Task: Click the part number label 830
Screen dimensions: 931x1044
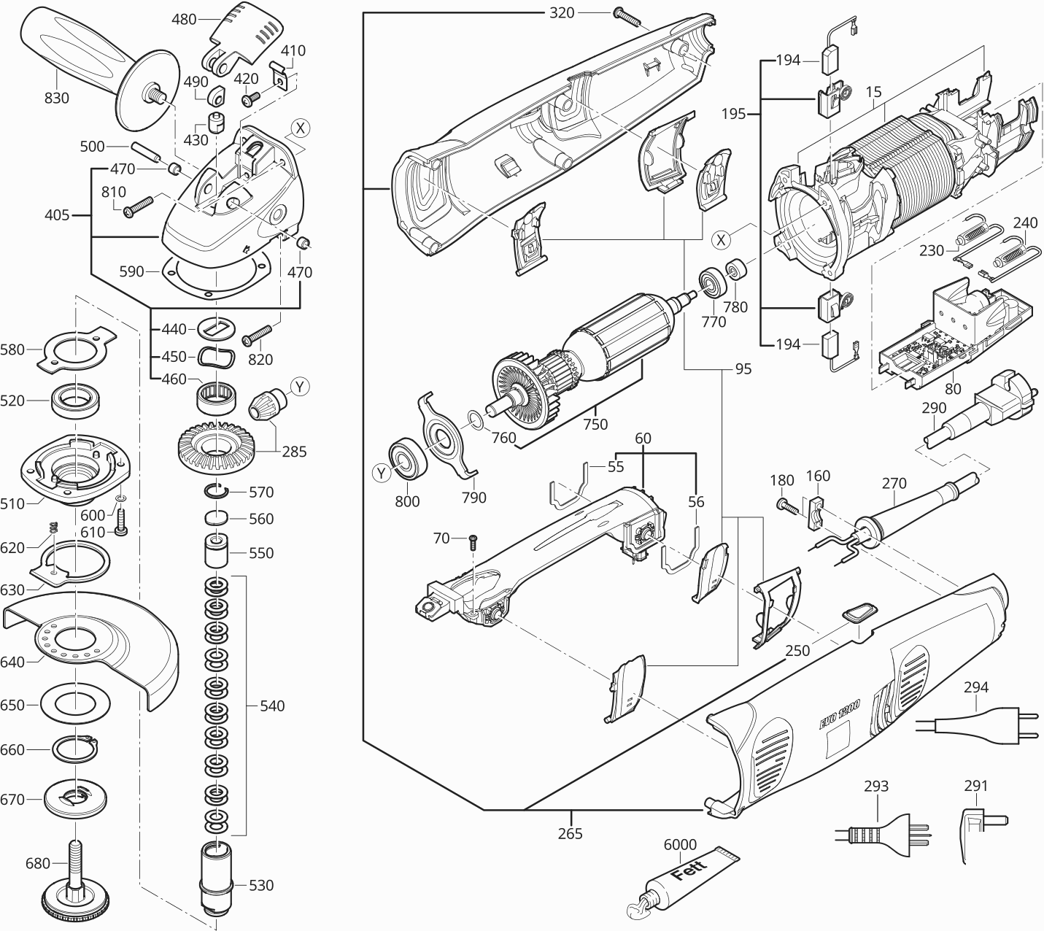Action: pyautogui.click(x=56, y=97)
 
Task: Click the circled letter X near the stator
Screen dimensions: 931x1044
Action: pyautogui.click(x=722, y=239)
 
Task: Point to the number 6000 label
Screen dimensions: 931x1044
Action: pyautogui.click(x=680, y=844)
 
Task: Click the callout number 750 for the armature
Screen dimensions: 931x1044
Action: pyautogui.click(x=595, y=423)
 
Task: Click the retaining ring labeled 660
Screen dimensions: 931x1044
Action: pyautogui.click(x=75, y=749)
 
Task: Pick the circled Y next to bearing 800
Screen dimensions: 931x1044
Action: pyautogui.click(x=382, y=474)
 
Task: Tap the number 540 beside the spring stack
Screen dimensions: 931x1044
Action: pyautogui.click(x=271, y=706)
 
